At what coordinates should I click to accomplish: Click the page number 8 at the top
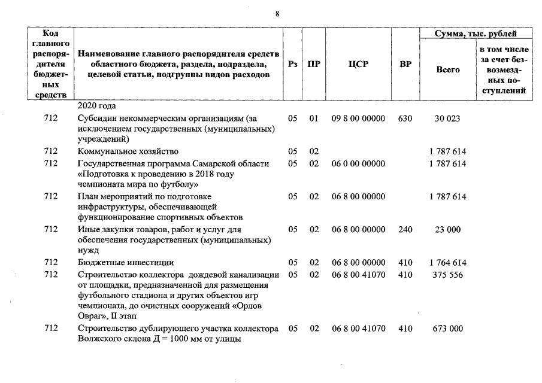[x=277, y=14]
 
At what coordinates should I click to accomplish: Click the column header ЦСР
[x=358, y=64]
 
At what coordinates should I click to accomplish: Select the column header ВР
[x=405, y=64]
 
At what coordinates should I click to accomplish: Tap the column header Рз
[x=292, y=64]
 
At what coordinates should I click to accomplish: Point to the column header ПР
[x=313, y=64]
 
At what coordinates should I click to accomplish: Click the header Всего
[x=448, y=70]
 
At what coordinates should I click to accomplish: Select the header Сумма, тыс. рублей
[x=476, y=34]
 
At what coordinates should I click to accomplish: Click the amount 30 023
[x=447, y=119]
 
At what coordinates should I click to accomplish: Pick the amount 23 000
[x=447, y=230]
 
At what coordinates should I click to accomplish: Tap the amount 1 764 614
[x=447, y=263]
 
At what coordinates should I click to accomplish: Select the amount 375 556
[x=447, y=274]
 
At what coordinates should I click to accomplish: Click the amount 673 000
[x=447, y=329]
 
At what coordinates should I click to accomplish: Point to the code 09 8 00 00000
[x=358, y=119]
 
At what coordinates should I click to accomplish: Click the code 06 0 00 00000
[x=358, y=163]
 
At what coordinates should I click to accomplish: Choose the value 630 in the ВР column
[x=405, y=119]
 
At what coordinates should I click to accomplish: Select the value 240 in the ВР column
[x=405, y=230]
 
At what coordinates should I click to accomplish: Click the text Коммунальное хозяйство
[x=128, y=152]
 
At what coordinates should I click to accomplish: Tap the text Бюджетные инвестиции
[x=126, y=263]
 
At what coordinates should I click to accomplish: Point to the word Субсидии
[x=96, y=119]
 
